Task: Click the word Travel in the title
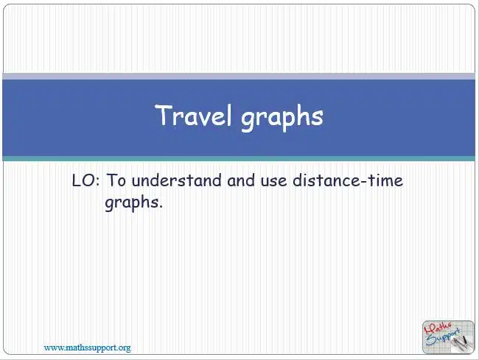193,115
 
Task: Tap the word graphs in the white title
282,118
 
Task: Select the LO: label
85,180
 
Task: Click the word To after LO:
116,180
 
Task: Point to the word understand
177,180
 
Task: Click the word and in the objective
241,180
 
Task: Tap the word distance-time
348,180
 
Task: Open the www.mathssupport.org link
88,347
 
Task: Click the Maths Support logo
448,337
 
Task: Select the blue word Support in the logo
443,337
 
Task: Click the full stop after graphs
161,207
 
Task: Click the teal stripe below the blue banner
239,158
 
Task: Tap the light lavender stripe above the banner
239,77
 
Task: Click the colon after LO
98,182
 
